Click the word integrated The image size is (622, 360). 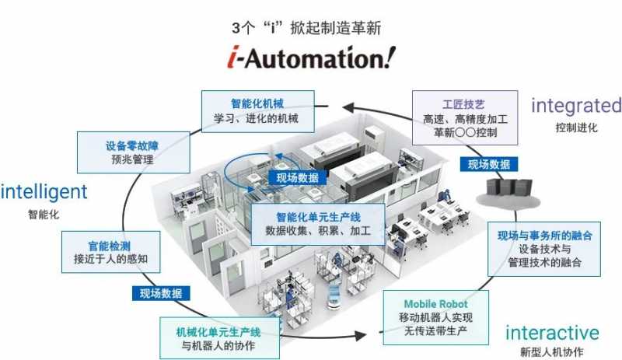(576, 106)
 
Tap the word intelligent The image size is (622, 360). (44, 192)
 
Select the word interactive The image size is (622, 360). (552, 333)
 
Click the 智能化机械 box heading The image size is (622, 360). (257, 104)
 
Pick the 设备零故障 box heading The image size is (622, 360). (132, 145)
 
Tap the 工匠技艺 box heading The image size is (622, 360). (463, 104)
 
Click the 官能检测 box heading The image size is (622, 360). (109, 246)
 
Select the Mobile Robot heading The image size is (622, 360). (435, 304)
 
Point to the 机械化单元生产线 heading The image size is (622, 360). (218, 332)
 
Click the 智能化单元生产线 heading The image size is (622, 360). (318, 217)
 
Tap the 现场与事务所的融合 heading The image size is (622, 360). (545, 236)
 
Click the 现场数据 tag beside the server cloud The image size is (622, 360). (489, 164)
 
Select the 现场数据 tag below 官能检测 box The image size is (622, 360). (161, 293)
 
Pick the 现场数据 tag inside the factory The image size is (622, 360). (298, 178)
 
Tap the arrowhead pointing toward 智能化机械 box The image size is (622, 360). (348, 107)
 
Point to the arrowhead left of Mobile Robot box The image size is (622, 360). (361, 336)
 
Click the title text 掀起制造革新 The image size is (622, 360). (336, 28)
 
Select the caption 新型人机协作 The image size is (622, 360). (552, 351)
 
